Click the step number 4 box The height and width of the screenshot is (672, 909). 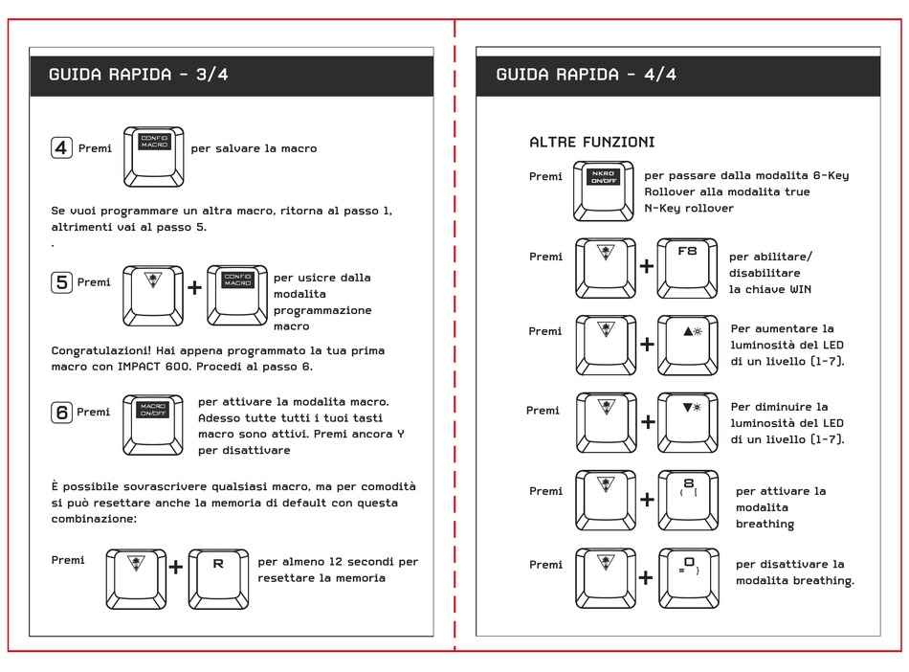coord(61,147)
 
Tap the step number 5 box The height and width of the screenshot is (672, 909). coord(61,282)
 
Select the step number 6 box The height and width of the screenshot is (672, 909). coord(61,412)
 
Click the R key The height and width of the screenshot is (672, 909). coord(218,578)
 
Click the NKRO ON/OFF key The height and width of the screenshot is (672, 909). coord(603,190)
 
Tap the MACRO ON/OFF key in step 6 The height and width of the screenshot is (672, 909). coord(153,424)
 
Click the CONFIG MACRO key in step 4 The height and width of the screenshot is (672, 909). coord(154,156)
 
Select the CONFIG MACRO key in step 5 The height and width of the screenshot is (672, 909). coord(237,295)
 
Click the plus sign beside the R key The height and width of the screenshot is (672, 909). coord(176,568)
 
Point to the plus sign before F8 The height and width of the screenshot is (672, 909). coord(648,266)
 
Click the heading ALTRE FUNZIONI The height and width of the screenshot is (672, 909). coord(591,142)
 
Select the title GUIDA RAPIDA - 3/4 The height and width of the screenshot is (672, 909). coord(139,75)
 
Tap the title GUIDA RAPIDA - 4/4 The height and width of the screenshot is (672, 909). coord(586,75)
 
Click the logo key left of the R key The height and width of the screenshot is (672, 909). coord(135,578)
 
